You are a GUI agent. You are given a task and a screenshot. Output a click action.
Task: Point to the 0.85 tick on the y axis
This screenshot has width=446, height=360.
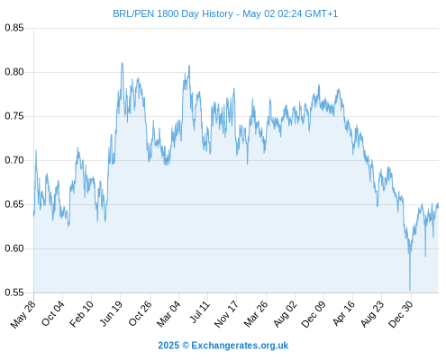[x=14, y=28]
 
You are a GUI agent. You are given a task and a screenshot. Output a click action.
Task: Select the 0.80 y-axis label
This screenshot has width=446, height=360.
[x=14, y=72]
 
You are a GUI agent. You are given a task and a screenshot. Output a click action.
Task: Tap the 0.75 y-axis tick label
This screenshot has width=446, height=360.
[x=14, y=116]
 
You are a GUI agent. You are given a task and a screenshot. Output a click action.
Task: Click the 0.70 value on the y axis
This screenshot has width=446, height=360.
[x=14, y=160]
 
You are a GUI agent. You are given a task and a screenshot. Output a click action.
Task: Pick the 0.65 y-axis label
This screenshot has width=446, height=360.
[x=14, y=204]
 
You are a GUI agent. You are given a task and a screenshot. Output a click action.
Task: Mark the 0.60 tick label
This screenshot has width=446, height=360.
[x=14, y=248]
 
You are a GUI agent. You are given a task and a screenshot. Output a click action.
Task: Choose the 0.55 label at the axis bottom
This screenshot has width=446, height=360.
[x=14, y=292]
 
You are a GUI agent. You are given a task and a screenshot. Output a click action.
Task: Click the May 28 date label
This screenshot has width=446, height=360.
[x=23, y=314]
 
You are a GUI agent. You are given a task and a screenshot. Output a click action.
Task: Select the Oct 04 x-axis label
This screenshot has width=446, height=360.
[x=53, y=313]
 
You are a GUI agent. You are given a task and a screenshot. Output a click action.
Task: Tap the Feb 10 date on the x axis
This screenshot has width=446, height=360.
[x=81, y=314]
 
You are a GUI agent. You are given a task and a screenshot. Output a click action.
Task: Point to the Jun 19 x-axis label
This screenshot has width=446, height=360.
[x=111, y=313]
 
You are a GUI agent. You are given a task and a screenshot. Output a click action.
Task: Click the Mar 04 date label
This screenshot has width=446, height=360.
[x=168, y=314]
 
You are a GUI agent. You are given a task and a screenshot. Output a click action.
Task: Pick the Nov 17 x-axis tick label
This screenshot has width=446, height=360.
[x=226, y=314]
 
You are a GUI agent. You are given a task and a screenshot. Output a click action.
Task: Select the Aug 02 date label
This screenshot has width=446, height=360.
[x=286, y=314]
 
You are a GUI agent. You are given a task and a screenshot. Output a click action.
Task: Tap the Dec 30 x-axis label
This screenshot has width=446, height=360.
[x=401, y=314]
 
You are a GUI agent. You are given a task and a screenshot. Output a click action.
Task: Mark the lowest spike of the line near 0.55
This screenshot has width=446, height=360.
[x=410, y=290]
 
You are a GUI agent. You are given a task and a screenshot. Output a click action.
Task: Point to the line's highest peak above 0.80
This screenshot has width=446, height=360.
[x=122, y=62]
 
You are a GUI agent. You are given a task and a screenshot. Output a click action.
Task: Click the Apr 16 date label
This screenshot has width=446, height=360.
[x=344, y=313]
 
